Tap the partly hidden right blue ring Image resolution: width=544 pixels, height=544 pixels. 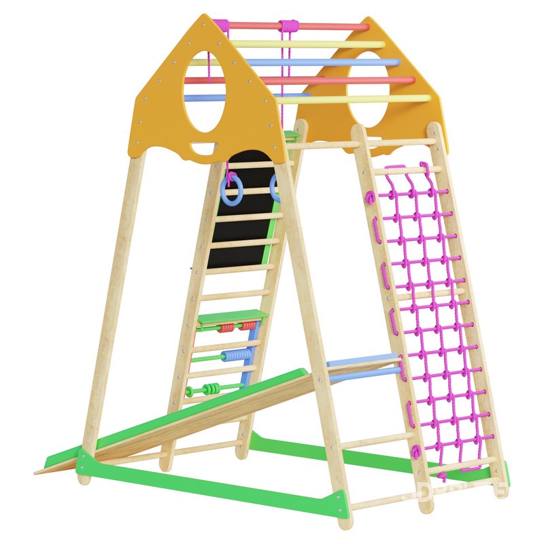click(274, 188)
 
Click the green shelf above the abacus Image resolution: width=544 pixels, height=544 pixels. click(231, 316)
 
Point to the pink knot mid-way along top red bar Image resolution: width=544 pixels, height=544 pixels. click(289, 26)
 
